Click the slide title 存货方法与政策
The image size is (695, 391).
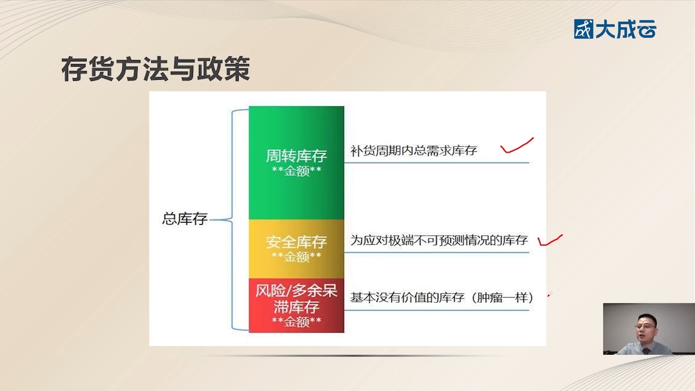tap(156, 69)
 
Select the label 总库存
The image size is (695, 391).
tap(185, 219)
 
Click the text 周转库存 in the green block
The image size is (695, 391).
tap(296, 156)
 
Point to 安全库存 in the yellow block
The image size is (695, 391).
tap(296, 241)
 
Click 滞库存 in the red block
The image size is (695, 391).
tap(296, 307)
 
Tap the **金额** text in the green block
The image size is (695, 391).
tap(296, 171)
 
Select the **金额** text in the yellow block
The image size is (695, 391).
tap(296, 257)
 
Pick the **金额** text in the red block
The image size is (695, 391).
tap(296, 321)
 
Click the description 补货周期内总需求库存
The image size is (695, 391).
tap(413, 151)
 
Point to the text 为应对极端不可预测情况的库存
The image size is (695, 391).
tap(439, 240)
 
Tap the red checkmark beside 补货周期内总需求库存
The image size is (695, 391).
tap(517, 146)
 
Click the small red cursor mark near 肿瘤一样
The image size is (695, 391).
tap(549, 294)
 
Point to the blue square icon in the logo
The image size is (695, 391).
tap(584, 29)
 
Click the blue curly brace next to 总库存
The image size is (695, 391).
tap(233, 219)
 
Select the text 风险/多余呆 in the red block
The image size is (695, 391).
tap(296, 291)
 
